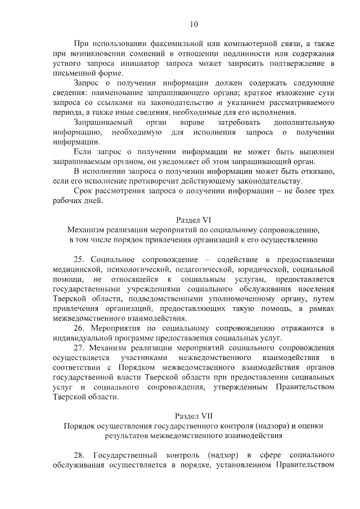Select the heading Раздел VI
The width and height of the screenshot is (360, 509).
tap(193, 220)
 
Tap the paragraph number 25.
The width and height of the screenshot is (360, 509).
tap(79, 259)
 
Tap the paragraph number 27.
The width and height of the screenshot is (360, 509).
tap(79, 348)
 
